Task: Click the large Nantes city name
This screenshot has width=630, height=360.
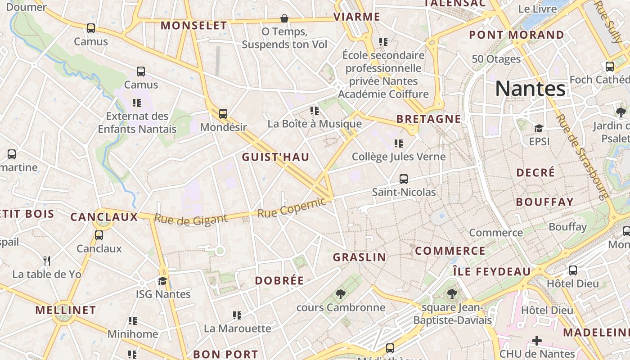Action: (x=530, y=89)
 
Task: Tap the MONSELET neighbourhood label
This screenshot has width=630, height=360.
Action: (x=194, y=26)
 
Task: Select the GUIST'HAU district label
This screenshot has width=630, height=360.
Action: (x=275, y=157)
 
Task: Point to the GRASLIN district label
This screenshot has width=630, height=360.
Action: (x=359, y=257)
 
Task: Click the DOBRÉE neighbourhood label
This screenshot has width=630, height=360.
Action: (x=279, y=281)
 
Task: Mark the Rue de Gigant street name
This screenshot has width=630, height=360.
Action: (x=190, y=219)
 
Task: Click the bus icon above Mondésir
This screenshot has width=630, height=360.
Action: (x=223, y=113)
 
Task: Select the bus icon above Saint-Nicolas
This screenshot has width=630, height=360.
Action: (x=404, y=179)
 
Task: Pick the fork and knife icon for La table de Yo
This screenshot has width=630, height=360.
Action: (x=46, y=261)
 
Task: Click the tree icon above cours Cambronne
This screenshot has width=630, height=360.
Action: (x=341, y=294)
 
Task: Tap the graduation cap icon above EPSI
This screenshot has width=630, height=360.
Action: (x=539, y=128)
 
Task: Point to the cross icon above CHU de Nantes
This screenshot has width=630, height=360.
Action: (x=537, y=340)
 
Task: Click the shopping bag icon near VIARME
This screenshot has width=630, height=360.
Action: (x=284, y=18)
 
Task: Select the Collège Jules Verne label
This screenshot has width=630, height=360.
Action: (x=399, y=157)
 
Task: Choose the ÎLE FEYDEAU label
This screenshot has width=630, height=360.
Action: (x=492, y=272)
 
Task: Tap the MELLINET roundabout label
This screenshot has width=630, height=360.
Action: (x=66, y=310)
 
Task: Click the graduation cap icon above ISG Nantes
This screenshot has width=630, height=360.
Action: (x=162, y=281)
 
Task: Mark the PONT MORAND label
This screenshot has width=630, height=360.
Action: (x=516, y=35)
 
